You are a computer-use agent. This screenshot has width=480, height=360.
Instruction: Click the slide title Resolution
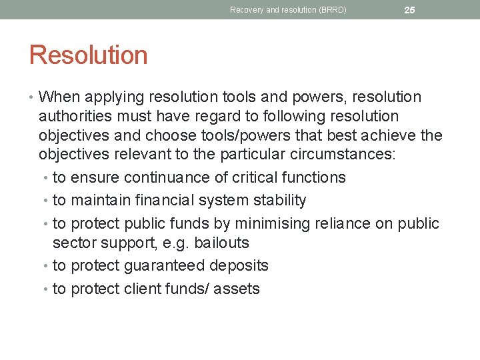(x=88, y=55)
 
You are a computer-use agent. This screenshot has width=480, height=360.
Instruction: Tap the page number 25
(x=409, y=10)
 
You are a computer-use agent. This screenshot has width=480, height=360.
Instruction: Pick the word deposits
(x=239, y=265)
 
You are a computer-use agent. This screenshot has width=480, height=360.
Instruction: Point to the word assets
(x=237, y=289)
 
